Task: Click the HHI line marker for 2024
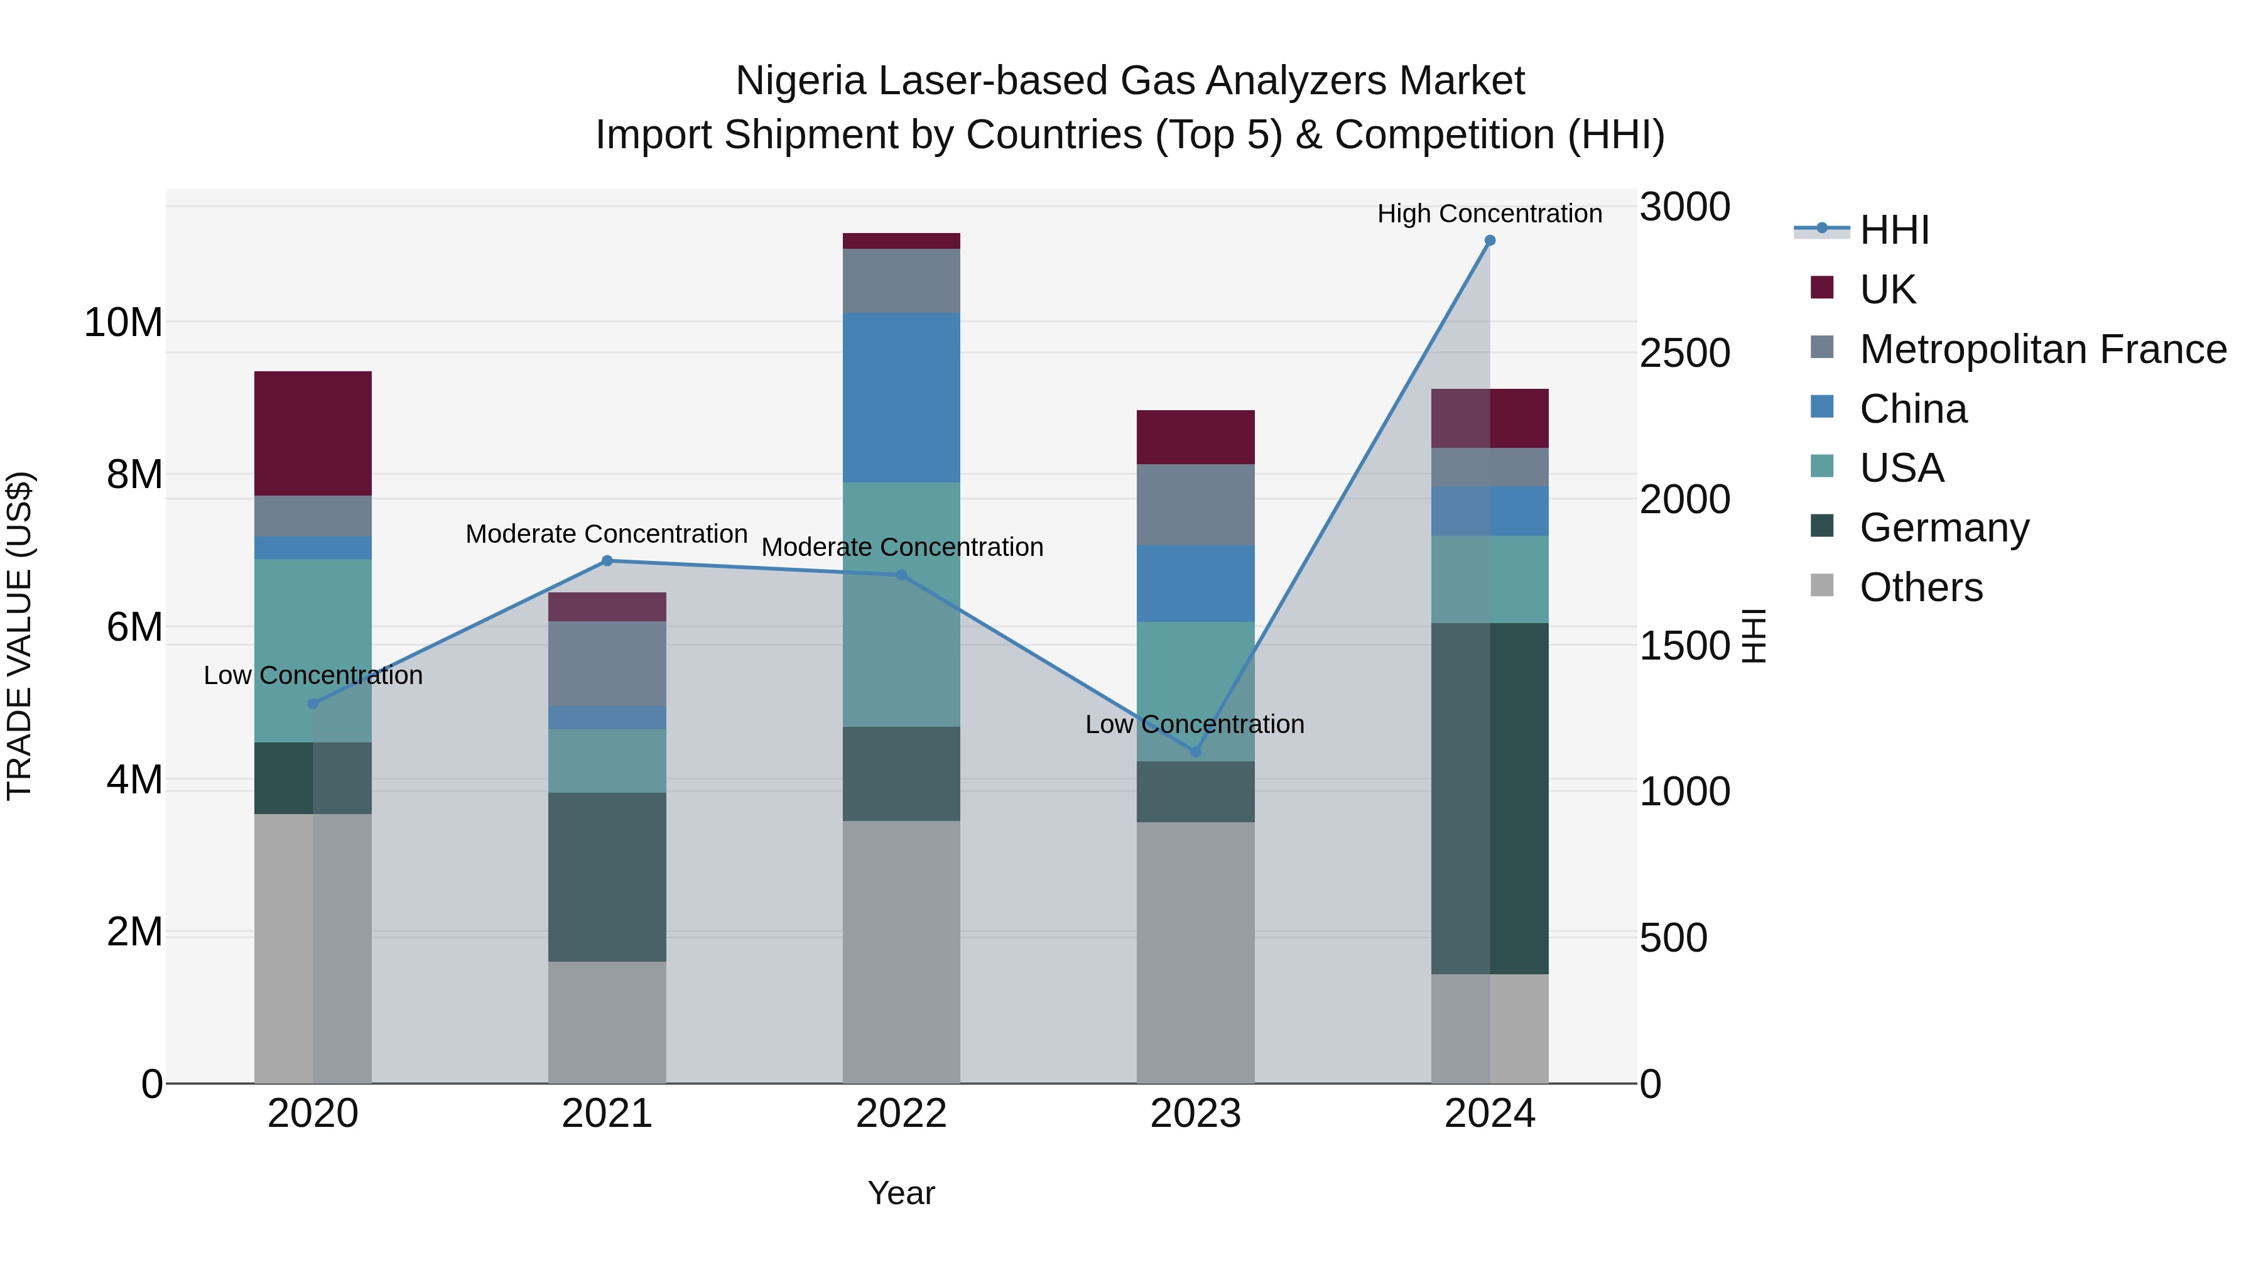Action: point(1490,241)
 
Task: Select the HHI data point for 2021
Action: point(607,561)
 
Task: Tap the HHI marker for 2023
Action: point(1195,753)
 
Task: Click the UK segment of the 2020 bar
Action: point(313,433)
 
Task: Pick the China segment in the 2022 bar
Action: point(901,398)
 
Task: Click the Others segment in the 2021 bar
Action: point(607,1022)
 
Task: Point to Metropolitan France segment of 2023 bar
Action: point(1195,505)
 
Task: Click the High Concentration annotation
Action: point(1490,214)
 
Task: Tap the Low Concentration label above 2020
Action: point(313,675)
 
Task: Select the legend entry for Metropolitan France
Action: point(2042,349)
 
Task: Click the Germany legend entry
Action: point(1944,528)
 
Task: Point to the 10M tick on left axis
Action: point(123,322)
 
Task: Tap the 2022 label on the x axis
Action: point(901,1114)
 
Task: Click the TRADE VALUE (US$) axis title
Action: point(19,636)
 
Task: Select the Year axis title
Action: point(901,1193)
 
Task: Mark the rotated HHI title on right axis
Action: point(1753,636)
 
